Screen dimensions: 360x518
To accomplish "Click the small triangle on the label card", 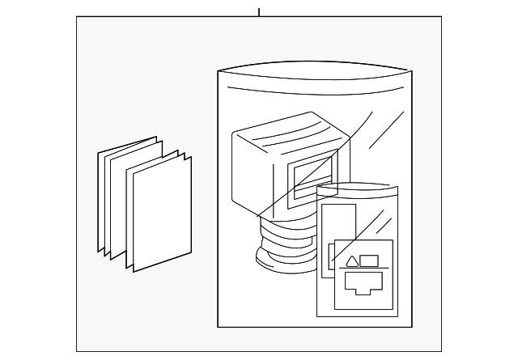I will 352,261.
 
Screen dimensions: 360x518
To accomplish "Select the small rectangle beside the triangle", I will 369,260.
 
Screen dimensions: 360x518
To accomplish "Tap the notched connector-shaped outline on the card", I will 363,282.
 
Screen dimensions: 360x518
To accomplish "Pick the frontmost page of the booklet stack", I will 163,214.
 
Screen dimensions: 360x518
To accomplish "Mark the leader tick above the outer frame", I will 259,12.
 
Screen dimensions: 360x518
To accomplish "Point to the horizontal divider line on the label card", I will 363,268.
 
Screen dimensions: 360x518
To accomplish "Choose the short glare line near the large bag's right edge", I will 387,129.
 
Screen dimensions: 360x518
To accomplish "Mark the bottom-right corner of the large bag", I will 412,327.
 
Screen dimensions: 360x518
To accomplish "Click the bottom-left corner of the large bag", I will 218,327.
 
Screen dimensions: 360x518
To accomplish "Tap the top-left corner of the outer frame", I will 77,17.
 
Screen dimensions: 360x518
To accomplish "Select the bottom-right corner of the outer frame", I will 441,351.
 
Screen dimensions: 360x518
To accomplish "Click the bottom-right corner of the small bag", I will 397,316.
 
